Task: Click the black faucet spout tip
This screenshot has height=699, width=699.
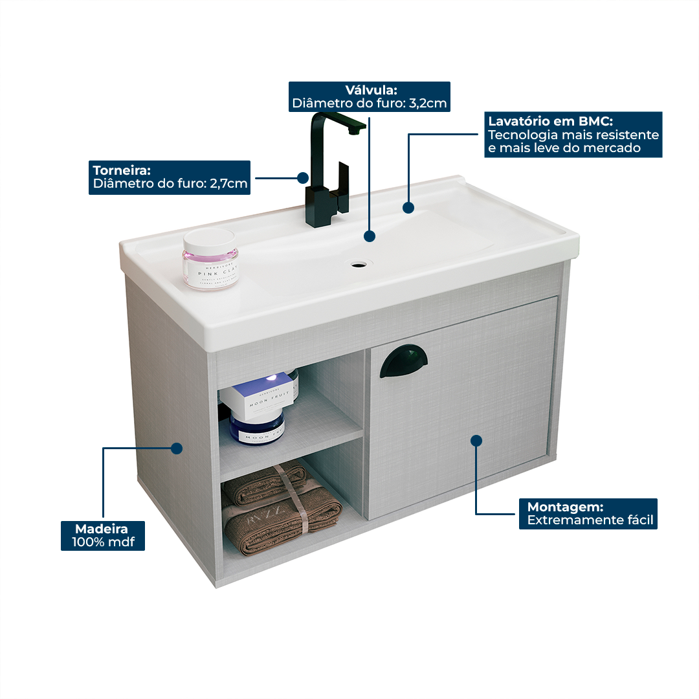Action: pos(353,131)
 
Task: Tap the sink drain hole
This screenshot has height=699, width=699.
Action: pos(357,264)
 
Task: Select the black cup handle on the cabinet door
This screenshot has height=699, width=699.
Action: pos(403,361)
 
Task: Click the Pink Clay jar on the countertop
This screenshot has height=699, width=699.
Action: pos(210,259)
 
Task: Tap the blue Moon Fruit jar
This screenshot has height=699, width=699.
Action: pos(258,428)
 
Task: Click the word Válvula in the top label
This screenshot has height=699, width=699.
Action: pos(371,90)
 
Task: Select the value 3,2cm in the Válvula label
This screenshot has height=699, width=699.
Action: pos(428,103)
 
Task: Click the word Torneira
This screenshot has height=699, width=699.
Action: pos(122,170)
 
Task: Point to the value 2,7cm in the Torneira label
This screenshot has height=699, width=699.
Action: pos(228,184)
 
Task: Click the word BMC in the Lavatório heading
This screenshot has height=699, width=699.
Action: pos(597,121)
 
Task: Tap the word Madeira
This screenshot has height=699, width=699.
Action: pos(102,529)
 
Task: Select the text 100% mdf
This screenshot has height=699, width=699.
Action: pos(103,542)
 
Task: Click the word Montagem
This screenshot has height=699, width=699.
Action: pos(565,507)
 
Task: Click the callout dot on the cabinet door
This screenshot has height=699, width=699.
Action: pos(476,441)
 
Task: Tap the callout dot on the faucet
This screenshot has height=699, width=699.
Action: pos(302,177)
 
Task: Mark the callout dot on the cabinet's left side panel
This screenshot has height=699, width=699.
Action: pos(176,448)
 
